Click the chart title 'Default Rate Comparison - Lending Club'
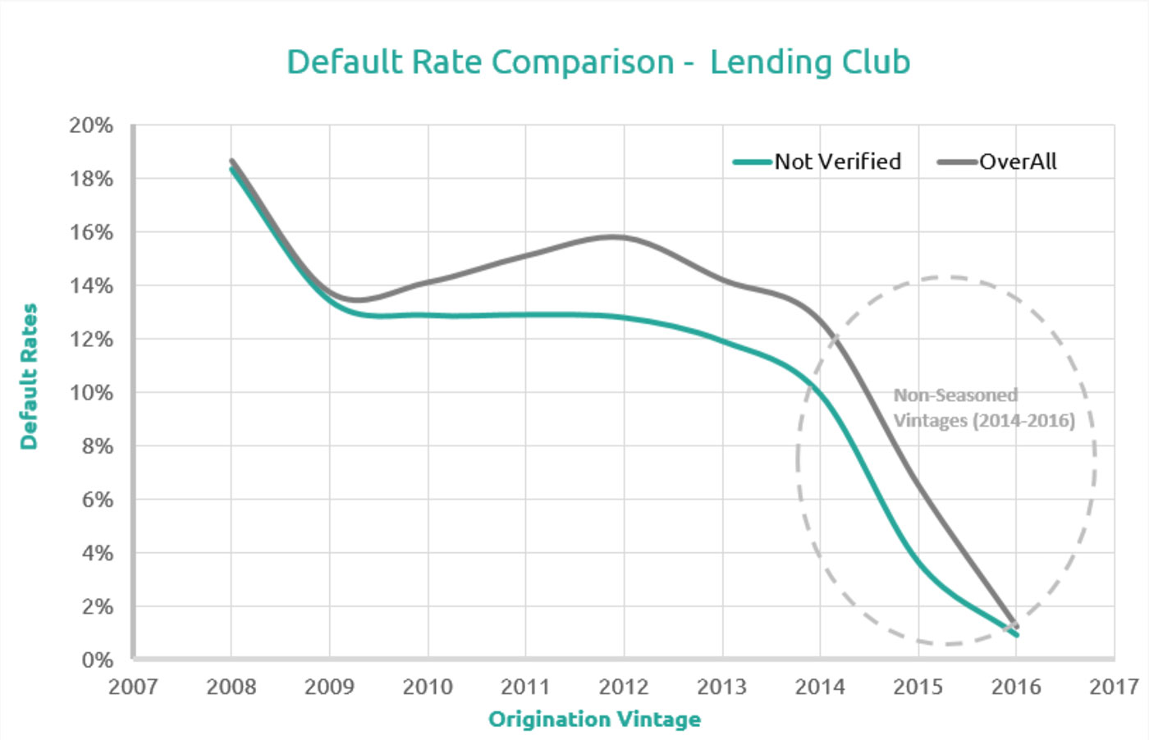pyautogui.click(x=598, y=62)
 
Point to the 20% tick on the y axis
pyautogui.click(x=91, y=126)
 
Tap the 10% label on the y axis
pyautogui.click(x=91, y=393)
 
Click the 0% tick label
pyautogui.click(x=97, y=660)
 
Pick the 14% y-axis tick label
pyautogui.click(x=91, y=286)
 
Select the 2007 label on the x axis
pyautogui.click(x=133, y=687)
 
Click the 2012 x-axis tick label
pyautogui.click(x=624, y=687)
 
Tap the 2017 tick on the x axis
pyautogui.click(x=1114, y=687)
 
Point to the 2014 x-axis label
pyautogui.click(x=820, y=687)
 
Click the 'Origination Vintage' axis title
pyautogui.click(x=594, y=719)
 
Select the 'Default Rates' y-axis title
pyautogui.click(x=30, y=377)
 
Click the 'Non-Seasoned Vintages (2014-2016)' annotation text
pyautogui.click(x=983, y=408)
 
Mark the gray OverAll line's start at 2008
pyautogui.click(x=232, y=162)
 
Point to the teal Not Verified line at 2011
pyautogui.click(x=526, y=315)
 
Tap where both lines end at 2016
pyautogui.click(x=1016, y=630)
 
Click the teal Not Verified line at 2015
pyautogui.click(x=918, y=564)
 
